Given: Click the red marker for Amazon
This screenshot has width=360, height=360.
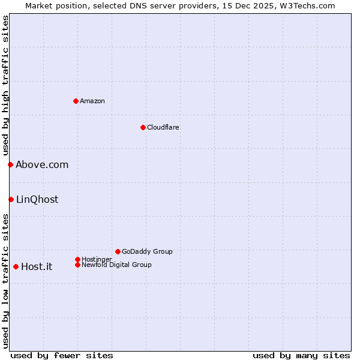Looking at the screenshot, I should pyautogui.click(x=76, y=101).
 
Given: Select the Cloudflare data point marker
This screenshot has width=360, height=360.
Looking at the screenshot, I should pyautogui.click(x=143, y=127).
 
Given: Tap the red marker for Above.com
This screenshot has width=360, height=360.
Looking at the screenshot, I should pyautogui.click(x=10, y=164).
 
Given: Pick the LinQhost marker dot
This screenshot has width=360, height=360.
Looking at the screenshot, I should pyautogui.click(x=11, y=199).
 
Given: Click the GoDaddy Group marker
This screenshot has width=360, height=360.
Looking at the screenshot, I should pyautogui.click(x=118, y=251).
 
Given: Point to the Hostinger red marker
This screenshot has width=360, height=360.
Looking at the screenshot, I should pyautogui.click(x=77, y=259).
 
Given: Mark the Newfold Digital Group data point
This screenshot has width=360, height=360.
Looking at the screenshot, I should pyautogui.click(x=77, y=265).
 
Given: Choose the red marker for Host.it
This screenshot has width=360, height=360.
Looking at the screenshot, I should pyautogui.click(x=16, y=266).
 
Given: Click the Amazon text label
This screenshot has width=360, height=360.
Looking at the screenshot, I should pyautogui.click(x=92, y=101).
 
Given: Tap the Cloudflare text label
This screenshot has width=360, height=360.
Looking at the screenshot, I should pyautogui.click(x=163, y=127).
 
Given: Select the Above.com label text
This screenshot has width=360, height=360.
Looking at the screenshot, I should pyautogui.click(x=42, y=164).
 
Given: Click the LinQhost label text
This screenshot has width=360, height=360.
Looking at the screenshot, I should pyautogui.click(x=37, y=199).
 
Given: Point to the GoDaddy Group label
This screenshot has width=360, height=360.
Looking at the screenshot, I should pyautogui.click(x=147, y=251).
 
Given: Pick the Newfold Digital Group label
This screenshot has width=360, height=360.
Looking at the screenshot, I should pyautogui.click(x=117, y=265).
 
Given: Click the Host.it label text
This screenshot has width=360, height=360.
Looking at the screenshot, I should pyautogui.click(x=37, y=266).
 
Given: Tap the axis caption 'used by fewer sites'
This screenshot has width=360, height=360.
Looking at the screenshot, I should pyautogui.click(x=62, y=355).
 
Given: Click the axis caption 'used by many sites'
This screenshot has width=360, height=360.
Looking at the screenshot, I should pyautogui.click(x=301, y=355).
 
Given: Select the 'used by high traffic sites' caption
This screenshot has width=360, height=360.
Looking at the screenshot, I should pyautogui.click(x=5, y=86).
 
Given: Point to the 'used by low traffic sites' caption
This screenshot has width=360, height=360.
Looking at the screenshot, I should pyautogui.click(x=5, y=281).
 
